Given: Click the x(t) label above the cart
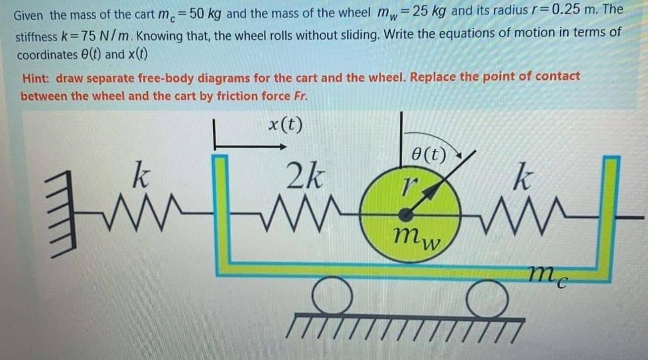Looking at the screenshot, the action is point(285,125).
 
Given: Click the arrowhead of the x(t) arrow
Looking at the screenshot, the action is point(283,147).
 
